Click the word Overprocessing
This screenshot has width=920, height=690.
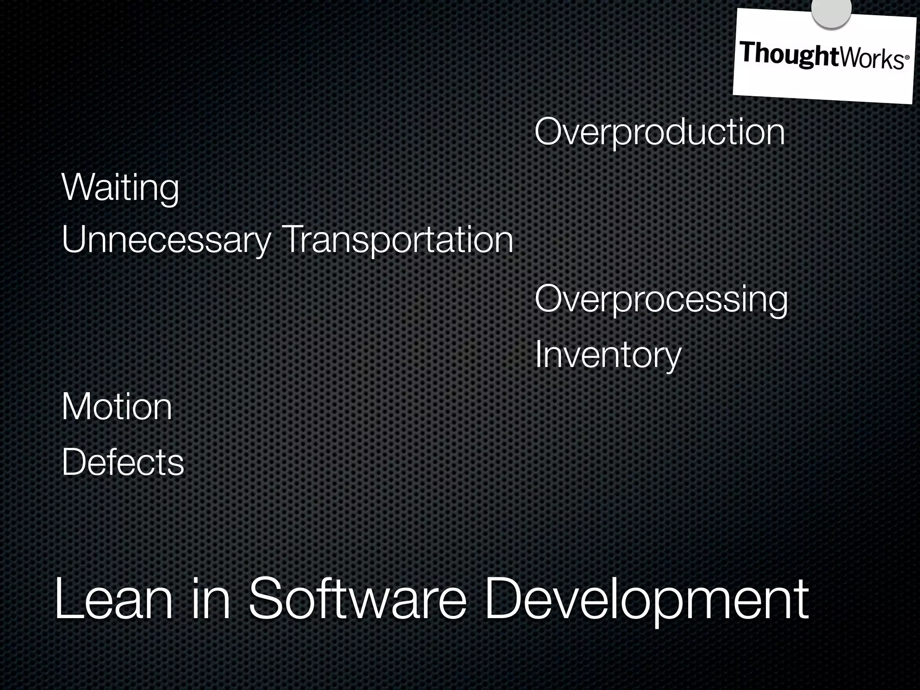(x=661, y=300)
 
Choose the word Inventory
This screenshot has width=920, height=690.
(x=608, y=355)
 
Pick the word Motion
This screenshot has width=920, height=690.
(x=117, y=407)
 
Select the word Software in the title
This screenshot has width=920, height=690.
(x=358, y=600)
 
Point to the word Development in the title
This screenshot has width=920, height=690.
(x=647, y=600)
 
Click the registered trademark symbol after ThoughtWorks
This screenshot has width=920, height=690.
(x=907, y=58)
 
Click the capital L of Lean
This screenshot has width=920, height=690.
(x=67, y=600)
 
